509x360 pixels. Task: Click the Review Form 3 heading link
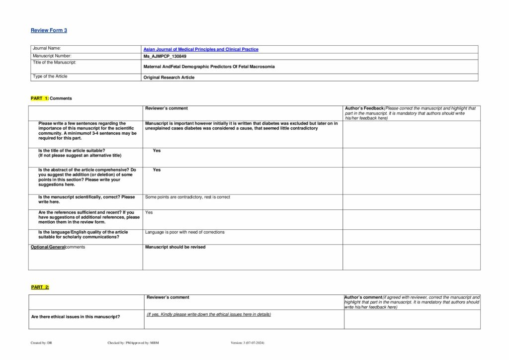click(49, 30)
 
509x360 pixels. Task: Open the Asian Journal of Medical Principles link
click(201, 49)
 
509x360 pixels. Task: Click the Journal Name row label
click(46, 48)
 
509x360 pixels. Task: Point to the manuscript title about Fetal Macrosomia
click(209, 66)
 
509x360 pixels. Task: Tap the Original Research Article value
click(169, 77)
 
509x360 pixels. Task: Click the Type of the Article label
click(50, 77)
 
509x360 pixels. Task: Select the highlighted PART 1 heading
click(40, 98)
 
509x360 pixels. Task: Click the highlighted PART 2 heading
click(40, 287)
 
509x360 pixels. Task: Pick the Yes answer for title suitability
click(157, 150)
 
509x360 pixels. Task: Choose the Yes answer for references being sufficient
click(149, 212)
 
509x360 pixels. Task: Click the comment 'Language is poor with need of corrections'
click(184, 232)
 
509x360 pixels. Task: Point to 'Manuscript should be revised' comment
click(175, 247)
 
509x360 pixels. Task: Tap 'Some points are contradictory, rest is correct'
click(187, 197)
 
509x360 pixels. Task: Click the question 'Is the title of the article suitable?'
click(72, 150)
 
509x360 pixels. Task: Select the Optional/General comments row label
click(58, 247)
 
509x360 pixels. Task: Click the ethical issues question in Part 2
click(76, 317)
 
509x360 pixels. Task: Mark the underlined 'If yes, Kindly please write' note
click(209, 314)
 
